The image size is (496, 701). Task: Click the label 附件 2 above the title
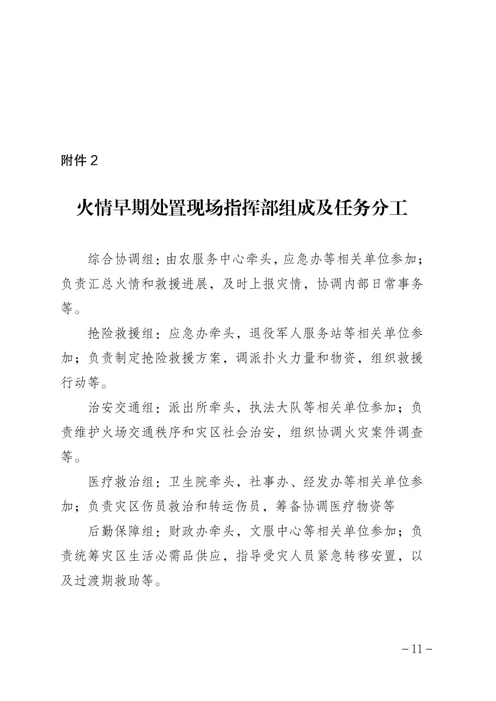[79, 160]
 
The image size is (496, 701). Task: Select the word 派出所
[184, 408]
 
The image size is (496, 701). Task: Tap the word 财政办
[184, 531]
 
